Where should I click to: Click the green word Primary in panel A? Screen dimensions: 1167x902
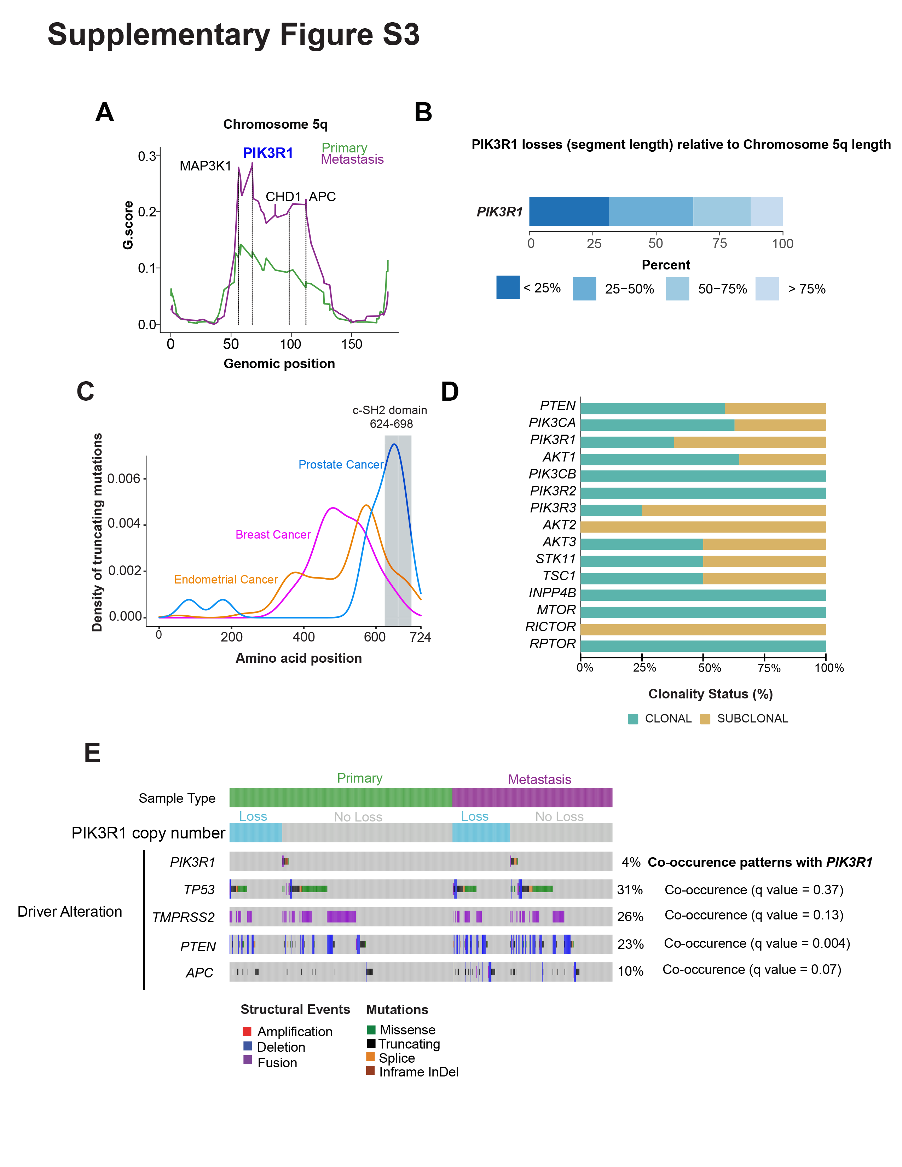(344, 148)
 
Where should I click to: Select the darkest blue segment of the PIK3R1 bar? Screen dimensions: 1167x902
(568, 211)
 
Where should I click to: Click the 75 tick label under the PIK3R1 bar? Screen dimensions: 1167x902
(719, 244)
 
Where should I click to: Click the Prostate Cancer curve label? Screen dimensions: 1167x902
(340, 465)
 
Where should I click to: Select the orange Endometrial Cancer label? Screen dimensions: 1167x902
(226, 580)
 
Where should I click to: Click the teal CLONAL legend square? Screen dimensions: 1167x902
(633, 719)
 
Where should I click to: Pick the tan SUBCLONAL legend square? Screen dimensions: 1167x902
(705, 719)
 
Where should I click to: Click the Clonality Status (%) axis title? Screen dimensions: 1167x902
(710, 694)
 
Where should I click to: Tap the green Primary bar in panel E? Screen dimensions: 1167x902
(340, 797)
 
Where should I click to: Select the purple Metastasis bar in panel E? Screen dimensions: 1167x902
(532, 797)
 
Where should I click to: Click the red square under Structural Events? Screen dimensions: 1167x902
(247, 1031)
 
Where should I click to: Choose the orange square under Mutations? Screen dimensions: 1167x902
(370, 1056)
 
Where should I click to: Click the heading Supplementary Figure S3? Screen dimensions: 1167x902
(233, 35)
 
